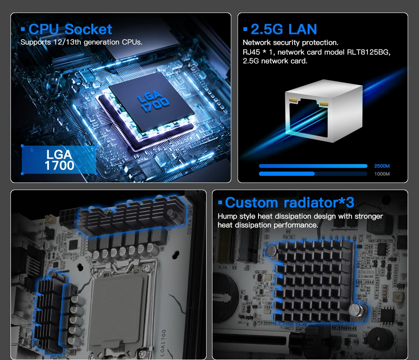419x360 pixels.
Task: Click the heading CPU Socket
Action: pos(70,29)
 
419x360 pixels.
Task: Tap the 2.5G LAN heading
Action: pos(284,29)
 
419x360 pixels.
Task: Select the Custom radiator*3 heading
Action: pos(290,203)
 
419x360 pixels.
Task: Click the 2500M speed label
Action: pos(382,166)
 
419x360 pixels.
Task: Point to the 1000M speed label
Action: pos(382,174)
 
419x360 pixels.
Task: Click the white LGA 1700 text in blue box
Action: pos(59,160)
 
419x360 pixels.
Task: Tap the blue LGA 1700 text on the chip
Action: pos(153,101)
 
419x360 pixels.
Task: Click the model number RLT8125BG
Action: pos(368,52)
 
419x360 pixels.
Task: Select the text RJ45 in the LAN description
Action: pos(251,52)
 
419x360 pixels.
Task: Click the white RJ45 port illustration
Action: pos(323,111)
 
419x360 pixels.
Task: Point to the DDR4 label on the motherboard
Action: pos(189,227)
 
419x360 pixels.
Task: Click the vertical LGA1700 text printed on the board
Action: pos(163,343)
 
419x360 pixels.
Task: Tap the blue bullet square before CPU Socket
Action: pos(23,29)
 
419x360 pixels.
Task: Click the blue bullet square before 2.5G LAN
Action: pos(245,29)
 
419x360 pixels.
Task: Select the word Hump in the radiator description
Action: pos(227,216)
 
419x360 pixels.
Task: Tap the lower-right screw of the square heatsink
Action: pos(356,310)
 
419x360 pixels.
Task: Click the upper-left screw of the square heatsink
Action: pos(272,250)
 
